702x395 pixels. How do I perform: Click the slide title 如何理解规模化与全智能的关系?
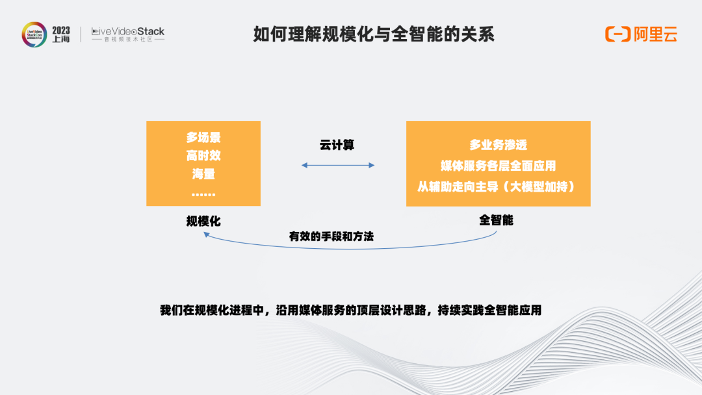(x=373, y=34)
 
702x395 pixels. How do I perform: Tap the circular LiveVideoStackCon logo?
(x=34, y=34)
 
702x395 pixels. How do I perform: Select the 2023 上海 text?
(x=61, y=34)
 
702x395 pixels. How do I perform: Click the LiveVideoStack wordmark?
(x=128, y=32)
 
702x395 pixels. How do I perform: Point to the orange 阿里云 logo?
(x=641, y=34)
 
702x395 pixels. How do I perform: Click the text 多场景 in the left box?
(x=203, y=137)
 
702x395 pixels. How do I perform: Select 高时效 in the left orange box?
(x=203, y=156)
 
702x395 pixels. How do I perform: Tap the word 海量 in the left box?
(x=203, y=174)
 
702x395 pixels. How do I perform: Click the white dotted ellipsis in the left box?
(x=203, y=195)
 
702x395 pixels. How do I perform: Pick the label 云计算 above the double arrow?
(x=337, y=145)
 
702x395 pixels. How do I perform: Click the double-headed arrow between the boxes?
(x=338, y=165)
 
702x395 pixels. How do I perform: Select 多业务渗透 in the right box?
(x=499, y=145)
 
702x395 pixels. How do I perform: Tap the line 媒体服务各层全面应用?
(x=499, y=166)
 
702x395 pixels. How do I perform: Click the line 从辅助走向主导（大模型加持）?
(x=499, y=186)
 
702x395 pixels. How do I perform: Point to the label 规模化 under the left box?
(x=203, y=221)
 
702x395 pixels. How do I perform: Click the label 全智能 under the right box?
(x=496, y=220)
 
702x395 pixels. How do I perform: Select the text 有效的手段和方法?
(x=331, y=236)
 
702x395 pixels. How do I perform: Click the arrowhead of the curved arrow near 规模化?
(x=206, y=234)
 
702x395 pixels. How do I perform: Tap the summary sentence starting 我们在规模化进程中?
(x=350, y=310)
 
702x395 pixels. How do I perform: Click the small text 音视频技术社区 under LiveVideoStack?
(x=129, y=40)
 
